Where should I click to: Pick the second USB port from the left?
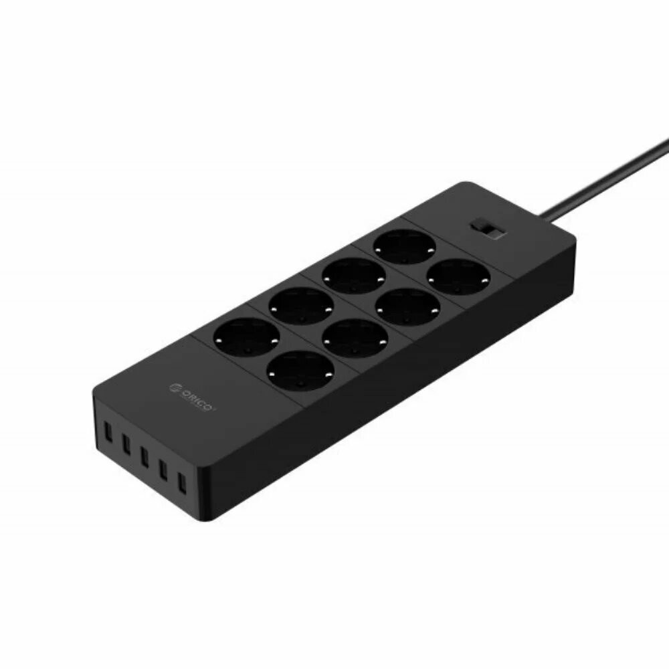[126, 443]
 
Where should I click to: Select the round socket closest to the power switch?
[459, 276]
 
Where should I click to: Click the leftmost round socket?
[246, 337]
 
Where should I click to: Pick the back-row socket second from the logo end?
[300, 306]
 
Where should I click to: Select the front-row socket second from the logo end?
[354, 337]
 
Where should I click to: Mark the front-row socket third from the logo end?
[407, 306]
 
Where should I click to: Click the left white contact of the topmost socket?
[379, 247]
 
